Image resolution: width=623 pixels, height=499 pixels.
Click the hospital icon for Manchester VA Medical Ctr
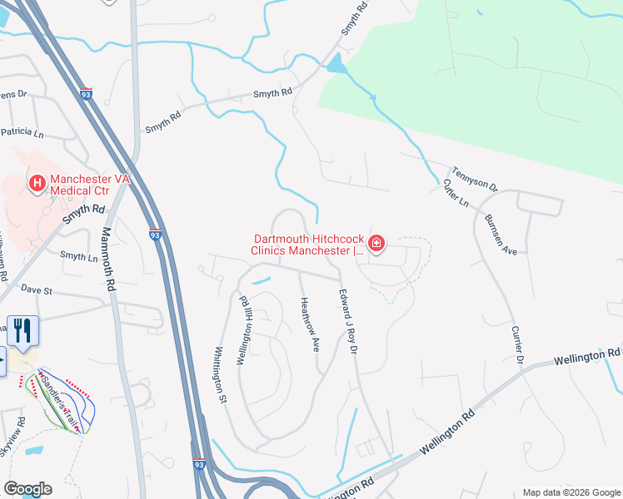[37, 183]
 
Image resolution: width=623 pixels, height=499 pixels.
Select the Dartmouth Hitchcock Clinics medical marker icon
[376, 244]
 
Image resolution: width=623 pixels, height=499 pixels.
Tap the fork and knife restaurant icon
[23, 331]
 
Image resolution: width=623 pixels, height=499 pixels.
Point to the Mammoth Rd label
[108, 259]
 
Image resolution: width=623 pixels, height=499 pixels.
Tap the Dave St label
[37, 291]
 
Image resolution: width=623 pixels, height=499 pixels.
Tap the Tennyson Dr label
[474, 175]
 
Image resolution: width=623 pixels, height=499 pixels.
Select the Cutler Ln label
[456, 194]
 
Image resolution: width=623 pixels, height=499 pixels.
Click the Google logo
[27, 488]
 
